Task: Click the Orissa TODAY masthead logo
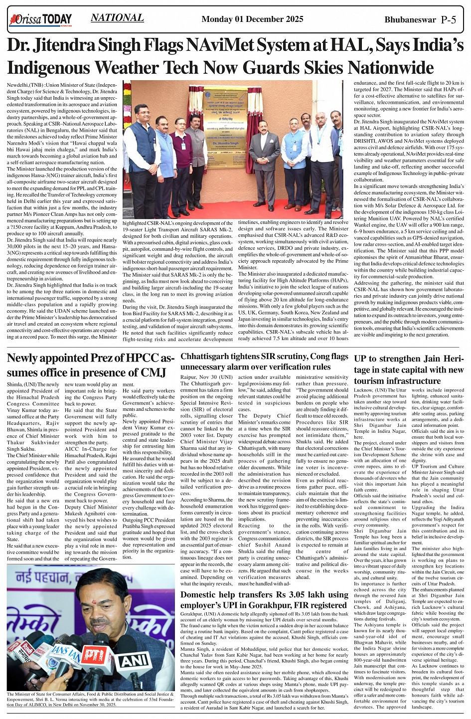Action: [x=40, y=19]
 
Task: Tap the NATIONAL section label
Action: [x=117, y=18]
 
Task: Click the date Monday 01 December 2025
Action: [x=252, y=19]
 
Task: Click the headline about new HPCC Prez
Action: [x=91, y=365]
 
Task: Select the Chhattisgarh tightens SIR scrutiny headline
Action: [x=264, y=361]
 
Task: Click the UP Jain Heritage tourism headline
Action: [x=409, y=369]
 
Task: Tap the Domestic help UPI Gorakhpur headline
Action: [x=264, y=599]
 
